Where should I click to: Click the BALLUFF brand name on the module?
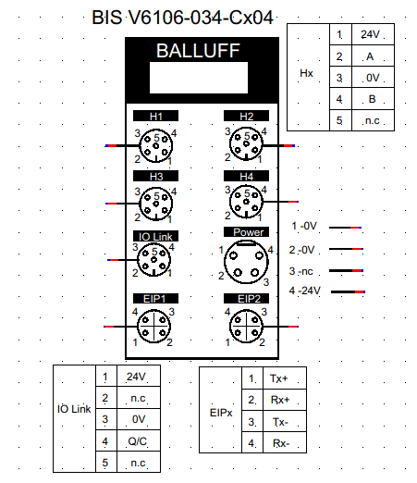click(x=198, y=51)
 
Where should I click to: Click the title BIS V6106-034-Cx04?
click(x=182, y=18)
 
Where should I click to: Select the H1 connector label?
click(x=155, y=116)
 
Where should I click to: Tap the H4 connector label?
click(x=246, y=176)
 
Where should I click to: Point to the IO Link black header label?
click(x=155, y=236)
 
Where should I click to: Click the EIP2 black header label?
click(x=246, y=299)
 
